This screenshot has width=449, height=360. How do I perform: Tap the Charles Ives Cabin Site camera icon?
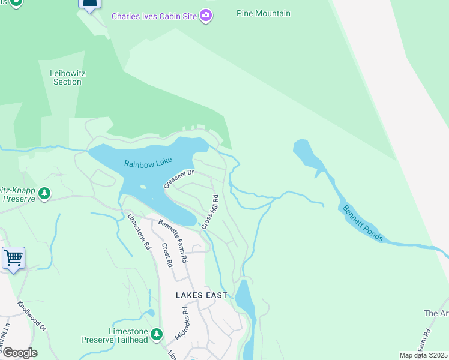click(x=206, y=15)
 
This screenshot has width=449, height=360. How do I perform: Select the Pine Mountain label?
click(x=264, y=13)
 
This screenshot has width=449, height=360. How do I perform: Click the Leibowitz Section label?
click(x=67, y=77)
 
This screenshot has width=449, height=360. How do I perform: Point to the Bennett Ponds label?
click(x=361, y=223)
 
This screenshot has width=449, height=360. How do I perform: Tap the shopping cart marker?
click(x=13, y=258)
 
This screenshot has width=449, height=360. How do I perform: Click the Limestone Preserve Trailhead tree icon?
click(x=157, y=334)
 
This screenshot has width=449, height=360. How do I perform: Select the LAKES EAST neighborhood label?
click(x=202, y=295)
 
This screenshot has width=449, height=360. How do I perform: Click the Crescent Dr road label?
click(x=179, y=179)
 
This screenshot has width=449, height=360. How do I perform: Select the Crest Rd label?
click(x=166, y=254)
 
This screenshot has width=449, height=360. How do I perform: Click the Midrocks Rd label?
click(x=185, y=321)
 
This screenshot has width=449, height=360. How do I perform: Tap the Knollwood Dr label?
click(x=32, y=316)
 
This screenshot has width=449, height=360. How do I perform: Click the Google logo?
click(x=19, y=353)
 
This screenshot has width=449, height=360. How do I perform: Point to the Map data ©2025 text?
click(x=423, y=355)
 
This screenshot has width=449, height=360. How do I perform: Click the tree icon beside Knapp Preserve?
click(x=43, y=193)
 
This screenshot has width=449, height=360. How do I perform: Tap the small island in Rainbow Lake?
click(x=143, y=187)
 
